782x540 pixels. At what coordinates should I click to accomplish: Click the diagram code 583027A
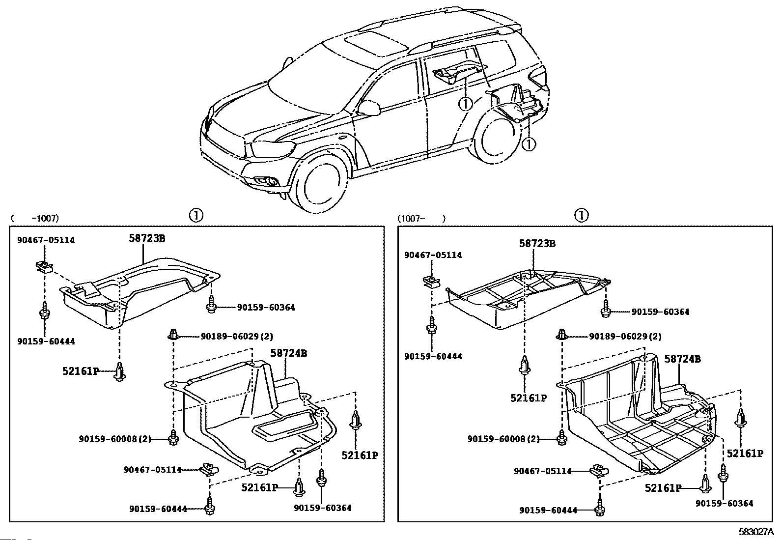[x=756, y=532]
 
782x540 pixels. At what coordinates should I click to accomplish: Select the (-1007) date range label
[x=35, y=218]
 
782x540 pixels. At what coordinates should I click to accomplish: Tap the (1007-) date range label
[x=422, y=219]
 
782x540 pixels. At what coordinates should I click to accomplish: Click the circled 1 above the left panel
[x=196, y=215]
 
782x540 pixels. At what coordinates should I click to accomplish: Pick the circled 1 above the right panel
[x=582, y=215]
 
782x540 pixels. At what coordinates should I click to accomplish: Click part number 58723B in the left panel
[x=147, y=238]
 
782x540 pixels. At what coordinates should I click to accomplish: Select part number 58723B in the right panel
[x=537, y=243]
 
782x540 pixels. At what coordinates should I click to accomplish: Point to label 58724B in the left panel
[x=289, y=353]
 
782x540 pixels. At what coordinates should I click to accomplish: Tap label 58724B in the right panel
[x=682, y=359]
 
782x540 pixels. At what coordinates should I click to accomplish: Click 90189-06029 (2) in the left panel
[x=237, y=337]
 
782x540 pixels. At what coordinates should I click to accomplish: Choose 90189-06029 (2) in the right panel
[x=625, y=337]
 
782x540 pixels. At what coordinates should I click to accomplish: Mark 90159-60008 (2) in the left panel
[x=115, y=439]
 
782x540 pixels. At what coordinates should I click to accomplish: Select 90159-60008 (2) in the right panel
[x=504, y=439]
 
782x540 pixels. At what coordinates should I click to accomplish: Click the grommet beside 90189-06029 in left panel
[x=173, y=334]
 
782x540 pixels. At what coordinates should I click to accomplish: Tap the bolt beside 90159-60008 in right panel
[x=562, y=437]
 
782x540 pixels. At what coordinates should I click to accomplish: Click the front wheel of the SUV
[x=322, y=186]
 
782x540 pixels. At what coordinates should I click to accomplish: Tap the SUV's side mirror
[x=369, y=108]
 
